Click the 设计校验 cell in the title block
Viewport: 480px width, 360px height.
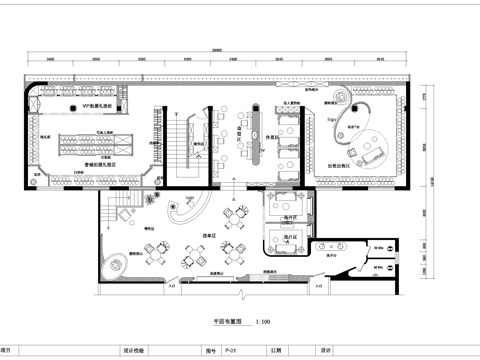[134, 351]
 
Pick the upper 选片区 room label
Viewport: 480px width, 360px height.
[292, 216]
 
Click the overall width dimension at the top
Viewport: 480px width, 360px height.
[216, 51]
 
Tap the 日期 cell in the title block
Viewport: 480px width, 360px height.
[275, 351]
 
